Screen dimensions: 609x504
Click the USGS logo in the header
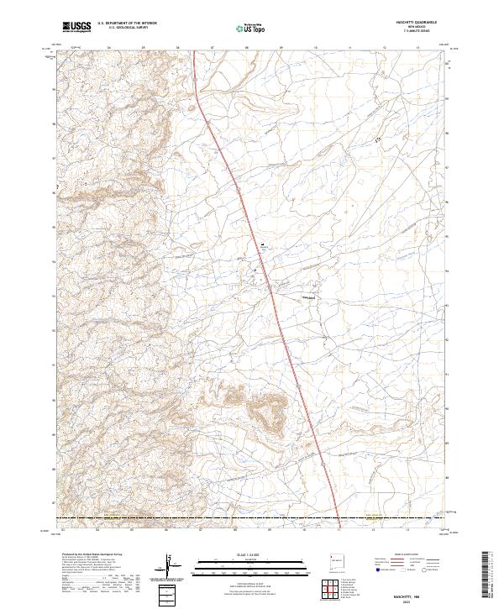76,28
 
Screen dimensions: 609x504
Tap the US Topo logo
251,29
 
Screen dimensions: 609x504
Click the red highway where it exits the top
194,54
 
